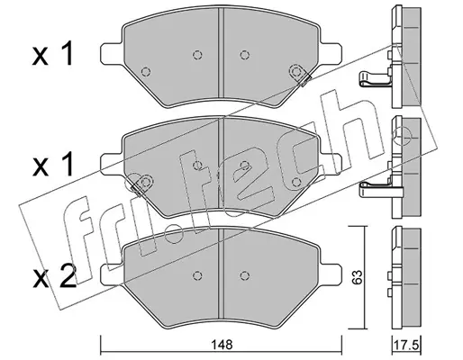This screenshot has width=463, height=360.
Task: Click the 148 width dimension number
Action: (x=222, y=345)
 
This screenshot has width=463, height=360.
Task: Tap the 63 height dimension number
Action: (x=358, y=277)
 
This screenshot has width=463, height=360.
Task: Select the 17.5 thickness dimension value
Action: (x=407, y=346)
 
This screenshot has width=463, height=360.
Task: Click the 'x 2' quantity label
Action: (x=54, y=277)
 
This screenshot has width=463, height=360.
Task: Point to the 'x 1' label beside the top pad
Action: (x=53, y=54)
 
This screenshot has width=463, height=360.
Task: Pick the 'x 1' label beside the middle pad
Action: (x=53, y=165)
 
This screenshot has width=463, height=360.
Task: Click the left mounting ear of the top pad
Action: (x=112, y=53)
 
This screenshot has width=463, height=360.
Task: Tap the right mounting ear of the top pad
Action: (x=331, y=53)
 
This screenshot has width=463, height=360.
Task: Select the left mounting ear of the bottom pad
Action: (x=112, y=274)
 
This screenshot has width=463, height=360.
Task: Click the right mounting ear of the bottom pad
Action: (x=331, y=274)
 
